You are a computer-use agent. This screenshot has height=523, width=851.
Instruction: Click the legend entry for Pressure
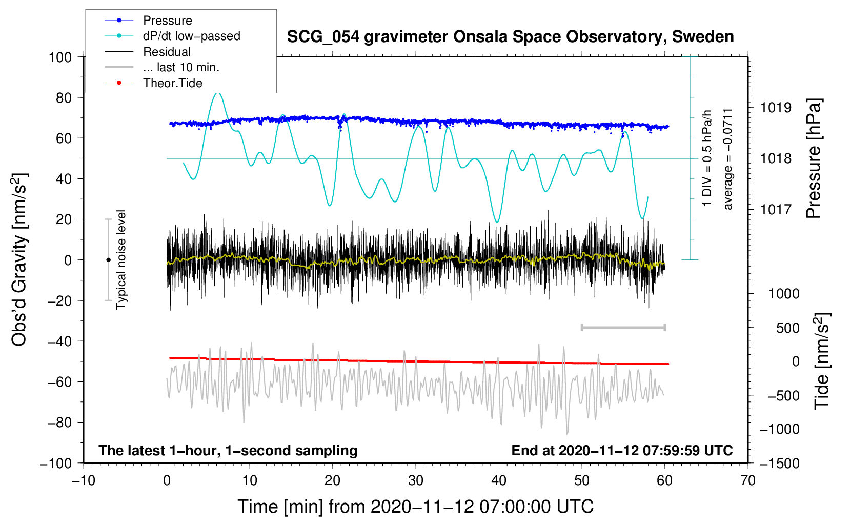167,21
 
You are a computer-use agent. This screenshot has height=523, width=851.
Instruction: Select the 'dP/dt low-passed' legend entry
191,36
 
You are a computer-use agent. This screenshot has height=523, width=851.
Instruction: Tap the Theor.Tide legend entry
172,83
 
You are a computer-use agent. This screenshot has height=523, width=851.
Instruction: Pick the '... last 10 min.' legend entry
181,67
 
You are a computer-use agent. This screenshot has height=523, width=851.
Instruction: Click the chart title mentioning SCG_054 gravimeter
510,37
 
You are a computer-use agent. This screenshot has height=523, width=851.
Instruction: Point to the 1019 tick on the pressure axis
776,108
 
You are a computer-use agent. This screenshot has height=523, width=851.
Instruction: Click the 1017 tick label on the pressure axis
776,209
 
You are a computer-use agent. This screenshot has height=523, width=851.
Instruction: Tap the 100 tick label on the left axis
60,57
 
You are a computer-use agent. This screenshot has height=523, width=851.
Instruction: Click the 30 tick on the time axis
416,480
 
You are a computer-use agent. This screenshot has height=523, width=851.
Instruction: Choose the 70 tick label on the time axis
748,480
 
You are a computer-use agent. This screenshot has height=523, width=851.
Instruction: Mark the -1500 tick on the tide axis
780,463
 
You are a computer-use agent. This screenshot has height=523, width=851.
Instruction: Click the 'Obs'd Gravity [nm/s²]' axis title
19,260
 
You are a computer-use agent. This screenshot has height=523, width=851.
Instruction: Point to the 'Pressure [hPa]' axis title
814,158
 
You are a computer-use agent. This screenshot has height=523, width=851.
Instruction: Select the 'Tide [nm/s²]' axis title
822,361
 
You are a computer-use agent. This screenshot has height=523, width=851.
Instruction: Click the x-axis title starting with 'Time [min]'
416,507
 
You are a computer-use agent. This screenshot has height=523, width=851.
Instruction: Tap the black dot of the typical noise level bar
108,260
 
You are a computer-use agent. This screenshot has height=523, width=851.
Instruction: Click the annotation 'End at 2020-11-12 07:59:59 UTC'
622,451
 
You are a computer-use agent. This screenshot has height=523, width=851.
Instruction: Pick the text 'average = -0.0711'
728,159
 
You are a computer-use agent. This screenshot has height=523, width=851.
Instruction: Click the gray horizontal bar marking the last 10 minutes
623,327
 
